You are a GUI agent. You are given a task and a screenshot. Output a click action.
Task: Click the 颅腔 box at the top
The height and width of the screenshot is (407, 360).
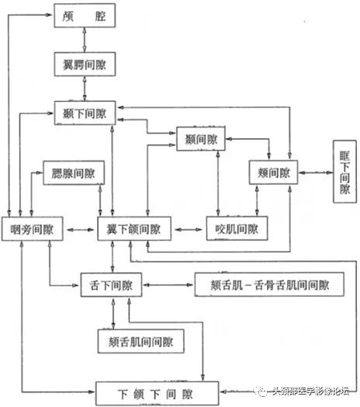[x=85, y=15]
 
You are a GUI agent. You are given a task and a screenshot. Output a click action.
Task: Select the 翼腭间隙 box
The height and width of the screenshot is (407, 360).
[x=85, y=62]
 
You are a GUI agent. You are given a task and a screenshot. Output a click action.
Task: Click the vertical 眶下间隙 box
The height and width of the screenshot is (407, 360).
[x=344, y=172]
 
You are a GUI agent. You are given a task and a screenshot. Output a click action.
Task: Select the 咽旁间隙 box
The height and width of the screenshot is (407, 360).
[x=32, y=230]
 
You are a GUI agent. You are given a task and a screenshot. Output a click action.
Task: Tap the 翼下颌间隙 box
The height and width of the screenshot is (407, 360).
[x=133, y=230]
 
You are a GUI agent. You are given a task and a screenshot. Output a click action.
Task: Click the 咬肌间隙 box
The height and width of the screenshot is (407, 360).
[x=236, y=230]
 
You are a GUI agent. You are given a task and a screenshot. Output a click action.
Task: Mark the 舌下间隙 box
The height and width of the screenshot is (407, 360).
[x=110, y=286]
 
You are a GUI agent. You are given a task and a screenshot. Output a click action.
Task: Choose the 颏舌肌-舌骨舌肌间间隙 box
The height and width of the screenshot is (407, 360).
[x=269, y=286]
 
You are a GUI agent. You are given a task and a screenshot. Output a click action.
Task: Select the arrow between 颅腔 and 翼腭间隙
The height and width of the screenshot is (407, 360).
[x=85, y=38]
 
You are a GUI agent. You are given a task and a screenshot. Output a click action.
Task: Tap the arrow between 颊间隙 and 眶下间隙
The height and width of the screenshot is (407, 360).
[x=313, y=172]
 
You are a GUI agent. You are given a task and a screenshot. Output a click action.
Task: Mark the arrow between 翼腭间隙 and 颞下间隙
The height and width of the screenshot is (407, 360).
[x=85, y=87]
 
